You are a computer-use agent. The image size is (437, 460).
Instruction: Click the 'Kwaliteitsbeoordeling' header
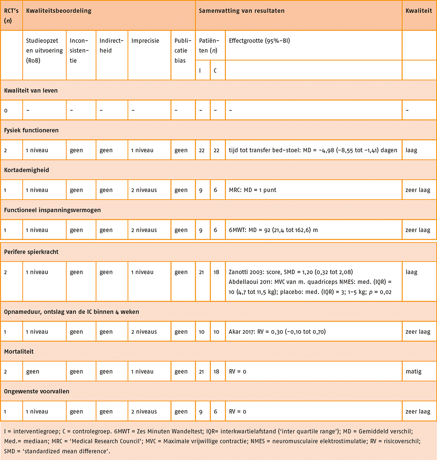pyautogui.click(x=58, y=11)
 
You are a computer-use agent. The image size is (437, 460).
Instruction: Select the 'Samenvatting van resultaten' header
pyautogui.click(x=242, y=11)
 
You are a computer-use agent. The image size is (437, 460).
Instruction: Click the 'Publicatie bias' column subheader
pyautogui.click(x=183, y=50)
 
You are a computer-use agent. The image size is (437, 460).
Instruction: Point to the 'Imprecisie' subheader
pyautogui.click(x=145, y=41)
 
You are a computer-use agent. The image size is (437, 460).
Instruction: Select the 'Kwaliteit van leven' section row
pyautogui.click(x=31, y=90)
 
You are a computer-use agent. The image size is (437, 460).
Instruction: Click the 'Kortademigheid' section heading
pyautogui.click(x=27, y=170)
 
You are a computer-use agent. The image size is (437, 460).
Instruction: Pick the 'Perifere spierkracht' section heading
pyautogui.click(x=31, y=252)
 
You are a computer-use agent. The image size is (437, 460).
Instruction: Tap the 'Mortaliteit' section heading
pyautogui.click(x=19, y=352)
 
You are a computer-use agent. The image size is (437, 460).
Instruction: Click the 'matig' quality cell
pyautogui.click(x=413, y=371)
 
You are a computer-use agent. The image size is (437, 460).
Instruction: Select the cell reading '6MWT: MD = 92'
pyautogui.click(x=273, y=230)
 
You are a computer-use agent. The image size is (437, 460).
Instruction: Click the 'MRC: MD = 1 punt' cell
pyautogui.click(x=252, y=190)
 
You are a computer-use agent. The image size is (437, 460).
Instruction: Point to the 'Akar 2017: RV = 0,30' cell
pyautogui.click(x=277, y=332)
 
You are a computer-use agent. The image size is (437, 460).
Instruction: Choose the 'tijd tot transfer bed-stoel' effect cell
pyautogui.click(x=313, y=150)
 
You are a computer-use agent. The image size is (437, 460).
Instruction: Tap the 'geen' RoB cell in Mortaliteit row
pyautogui.click(x=33, y=371)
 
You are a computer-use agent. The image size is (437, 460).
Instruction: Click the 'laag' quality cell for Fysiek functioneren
pyautogui.click(x=411, y=150)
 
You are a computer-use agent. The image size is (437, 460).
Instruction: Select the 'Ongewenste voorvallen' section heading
pyautogui.click(x=36, y=391)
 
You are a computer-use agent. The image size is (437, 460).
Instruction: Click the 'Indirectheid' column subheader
pyautogui.click(x=112, y=45)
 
